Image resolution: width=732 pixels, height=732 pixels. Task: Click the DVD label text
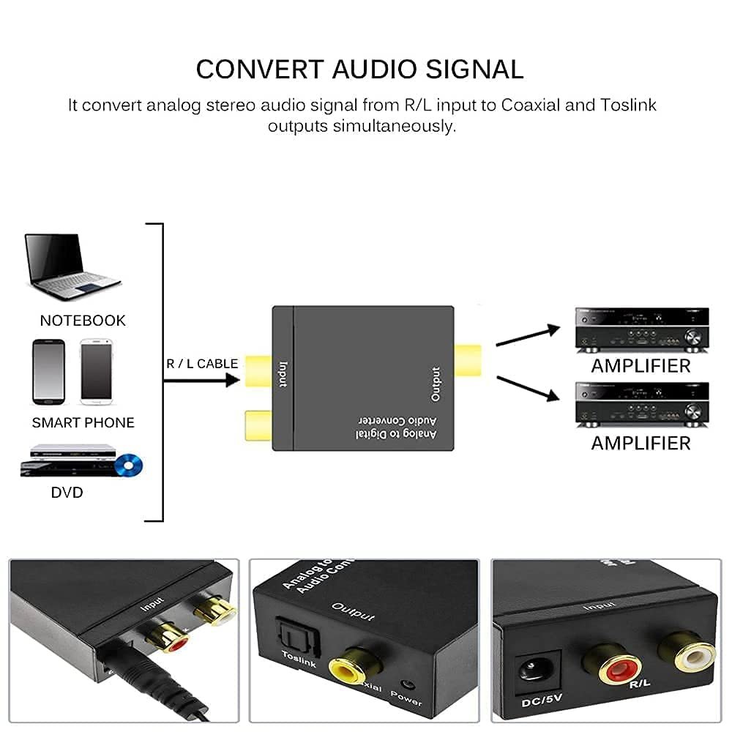[x=67, y=493]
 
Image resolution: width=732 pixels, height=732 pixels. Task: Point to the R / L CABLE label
[x=202, y=364]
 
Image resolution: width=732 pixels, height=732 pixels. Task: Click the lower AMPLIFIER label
[x=640, y=444]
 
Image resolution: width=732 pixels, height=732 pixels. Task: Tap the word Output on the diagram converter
[x=436, y=384]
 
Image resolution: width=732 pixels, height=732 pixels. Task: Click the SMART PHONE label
[x=83, y=423]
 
